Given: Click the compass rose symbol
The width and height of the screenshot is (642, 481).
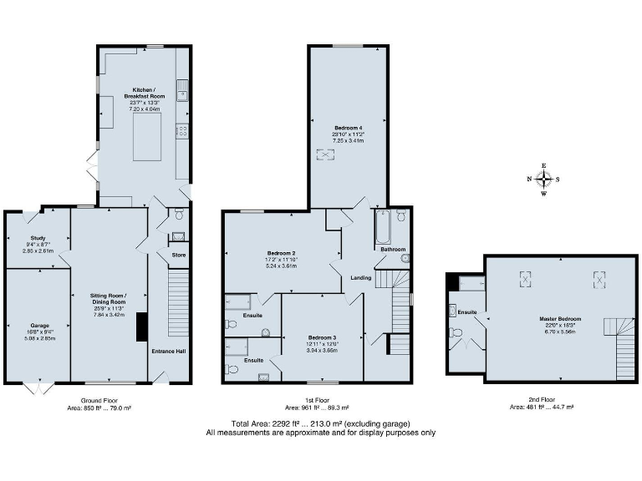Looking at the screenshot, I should tap(543, 179).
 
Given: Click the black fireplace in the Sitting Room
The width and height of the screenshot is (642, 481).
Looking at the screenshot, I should tap(141, 327).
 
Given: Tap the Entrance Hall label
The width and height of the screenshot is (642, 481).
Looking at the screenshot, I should tap(168, 351).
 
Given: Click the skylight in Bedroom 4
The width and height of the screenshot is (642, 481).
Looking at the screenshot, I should tap(322, 154).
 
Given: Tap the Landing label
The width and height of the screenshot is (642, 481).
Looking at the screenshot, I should tap(360, 278).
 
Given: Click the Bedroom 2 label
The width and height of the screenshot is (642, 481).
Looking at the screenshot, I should tap(282, 253).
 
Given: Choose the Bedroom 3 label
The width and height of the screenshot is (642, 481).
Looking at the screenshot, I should tap(321, 338).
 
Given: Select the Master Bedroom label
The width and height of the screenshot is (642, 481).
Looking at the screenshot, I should tap(561, 319).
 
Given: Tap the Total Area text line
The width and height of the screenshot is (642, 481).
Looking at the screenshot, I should tap(321, 423).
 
